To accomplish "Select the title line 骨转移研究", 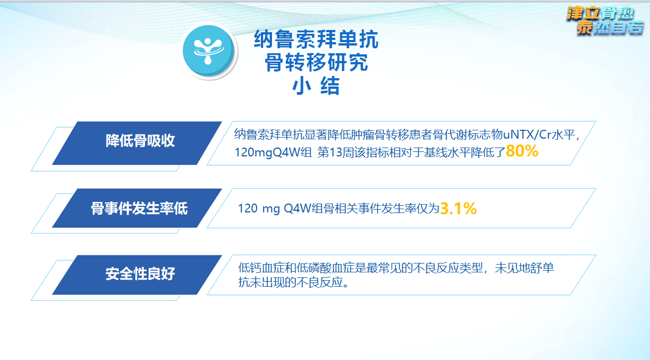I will point(316,63).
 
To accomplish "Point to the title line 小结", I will point(316,87).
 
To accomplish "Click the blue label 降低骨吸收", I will point(140,141).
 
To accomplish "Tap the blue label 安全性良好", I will point(140,274).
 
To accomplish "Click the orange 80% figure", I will point(522,151).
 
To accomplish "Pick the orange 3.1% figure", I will point(458,209).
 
